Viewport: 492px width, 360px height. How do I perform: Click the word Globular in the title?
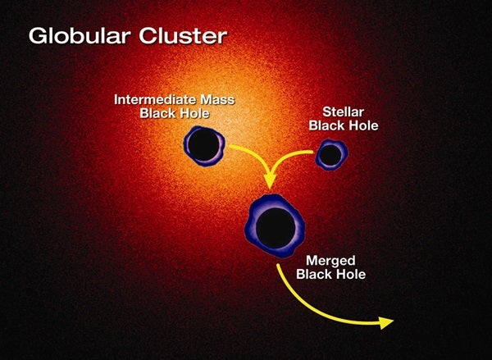pos(80,36)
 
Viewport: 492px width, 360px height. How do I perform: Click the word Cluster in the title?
pos(183,35)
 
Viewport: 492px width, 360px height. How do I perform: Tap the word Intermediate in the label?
pos(155,99)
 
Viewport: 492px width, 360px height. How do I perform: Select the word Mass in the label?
pos(217,100)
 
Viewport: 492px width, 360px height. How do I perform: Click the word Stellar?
pos(344,112)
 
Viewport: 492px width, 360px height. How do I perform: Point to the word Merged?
pos(330,260)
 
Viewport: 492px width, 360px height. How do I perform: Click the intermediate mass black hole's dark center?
pos(203,145)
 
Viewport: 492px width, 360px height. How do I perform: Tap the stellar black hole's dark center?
pos(331,155)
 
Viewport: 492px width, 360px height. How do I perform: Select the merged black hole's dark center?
pos(276,227)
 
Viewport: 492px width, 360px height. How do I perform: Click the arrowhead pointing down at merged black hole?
pos(270,180)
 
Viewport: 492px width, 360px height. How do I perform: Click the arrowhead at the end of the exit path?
pos(386,322)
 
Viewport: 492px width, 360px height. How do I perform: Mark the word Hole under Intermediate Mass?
pos(193,113)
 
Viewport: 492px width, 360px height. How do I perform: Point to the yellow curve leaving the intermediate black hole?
pos(256,154)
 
